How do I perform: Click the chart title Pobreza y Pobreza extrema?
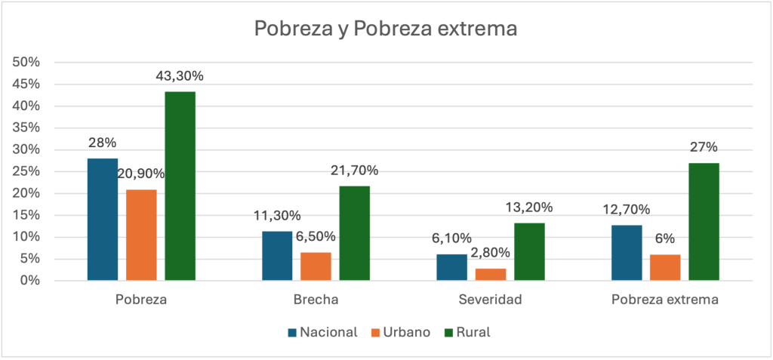(x=386, y=29)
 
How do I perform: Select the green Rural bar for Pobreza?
(x=180, y=186)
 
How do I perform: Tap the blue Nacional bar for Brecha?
(x=277, y=256)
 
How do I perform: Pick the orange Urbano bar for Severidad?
(x=491, y=274)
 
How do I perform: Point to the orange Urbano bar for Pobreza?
(x=141, y=235)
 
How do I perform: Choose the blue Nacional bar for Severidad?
(x=452, y=267)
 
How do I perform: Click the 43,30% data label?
(x=180, y=76)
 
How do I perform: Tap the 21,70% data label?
(x=354, y=171)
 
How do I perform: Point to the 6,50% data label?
(x=316, y=236)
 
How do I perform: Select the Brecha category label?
(x=316, y=300)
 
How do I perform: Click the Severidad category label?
(x=491, y=300)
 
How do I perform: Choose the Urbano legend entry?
(x=400, y=332)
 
